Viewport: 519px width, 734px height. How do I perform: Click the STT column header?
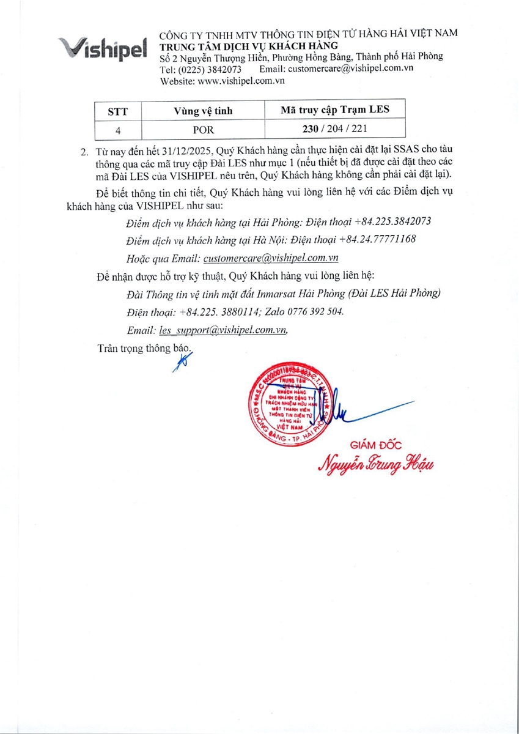point(118,111)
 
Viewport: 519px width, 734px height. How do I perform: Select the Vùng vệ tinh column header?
point(204,111)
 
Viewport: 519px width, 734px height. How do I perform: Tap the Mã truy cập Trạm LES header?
point(334,109)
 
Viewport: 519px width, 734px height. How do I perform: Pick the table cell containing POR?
point(204,130)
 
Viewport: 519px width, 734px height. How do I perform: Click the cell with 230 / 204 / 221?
point(334,128)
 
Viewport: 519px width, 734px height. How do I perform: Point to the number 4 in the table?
point(118,130)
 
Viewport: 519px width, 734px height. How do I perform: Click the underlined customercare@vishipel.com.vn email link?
point(271,258)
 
